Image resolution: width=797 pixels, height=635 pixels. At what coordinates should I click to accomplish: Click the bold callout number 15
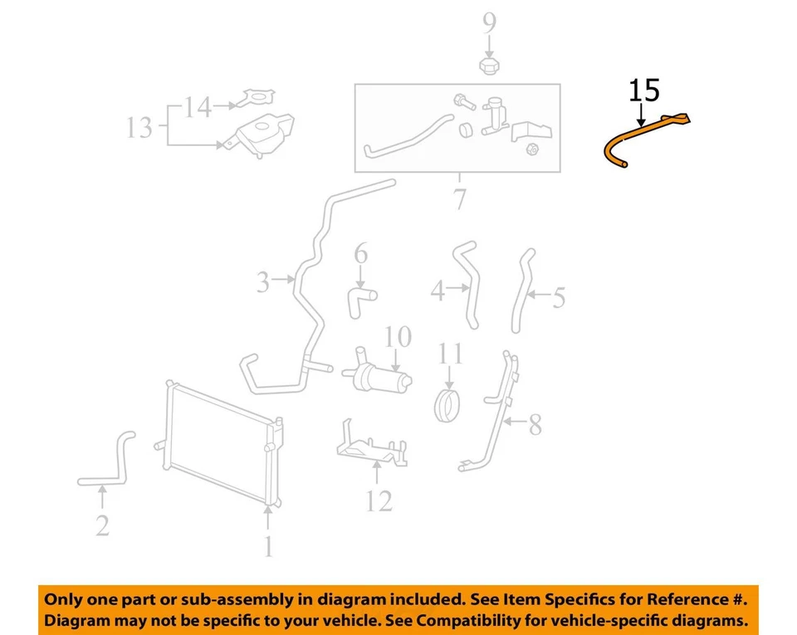[x=644, y=90]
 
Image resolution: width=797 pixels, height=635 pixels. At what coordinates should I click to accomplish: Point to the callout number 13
[x=139, y=128]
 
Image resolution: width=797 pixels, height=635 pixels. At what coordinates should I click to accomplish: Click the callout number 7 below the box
[x=459, y=199]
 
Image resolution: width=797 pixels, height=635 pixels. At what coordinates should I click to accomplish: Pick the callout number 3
[x=263, y=283]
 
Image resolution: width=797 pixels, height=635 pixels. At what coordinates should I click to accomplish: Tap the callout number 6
[x=360, y=252]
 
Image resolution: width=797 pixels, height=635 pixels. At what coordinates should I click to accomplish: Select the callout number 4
[x=438, y=291]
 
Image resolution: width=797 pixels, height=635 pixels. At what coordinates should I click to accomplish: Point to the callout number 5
[x=558, y=297]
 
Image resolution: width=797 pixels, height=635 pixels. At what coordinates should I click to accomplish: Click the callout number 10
[x=398, y=337]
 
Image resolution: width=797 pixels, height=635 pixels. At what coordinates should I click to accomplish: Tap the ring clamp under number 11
[x=449, y=406]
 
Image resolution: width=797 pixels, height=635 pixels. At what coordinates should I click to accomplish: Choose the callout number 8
[x=535, y=426]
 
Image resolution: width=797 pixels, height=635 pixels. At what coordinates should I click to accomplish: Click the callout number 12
[x=378, y=501]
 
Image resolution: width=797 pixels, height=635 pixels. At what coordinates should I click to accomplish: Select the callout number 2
[x=102, y=525]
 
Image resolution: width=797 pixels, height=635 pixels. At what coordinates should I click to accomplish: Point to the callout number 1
[x=267, y=546]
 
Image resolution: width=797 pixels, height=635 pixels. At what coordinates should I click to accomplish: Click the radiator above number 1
[x=220, y=444]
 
